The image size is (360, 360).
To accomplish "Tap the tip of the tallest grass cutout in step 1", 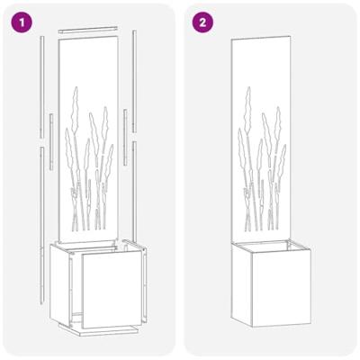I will tap(76, 86).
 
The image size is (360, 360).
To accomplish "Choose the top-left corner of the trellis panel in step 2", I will tap(231, 40).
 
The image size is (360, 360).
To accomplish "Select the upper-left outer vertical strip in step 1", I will tap(41, 85).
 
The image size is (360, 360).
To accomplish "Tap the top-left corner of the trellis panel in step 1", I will tap(58, 42).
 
